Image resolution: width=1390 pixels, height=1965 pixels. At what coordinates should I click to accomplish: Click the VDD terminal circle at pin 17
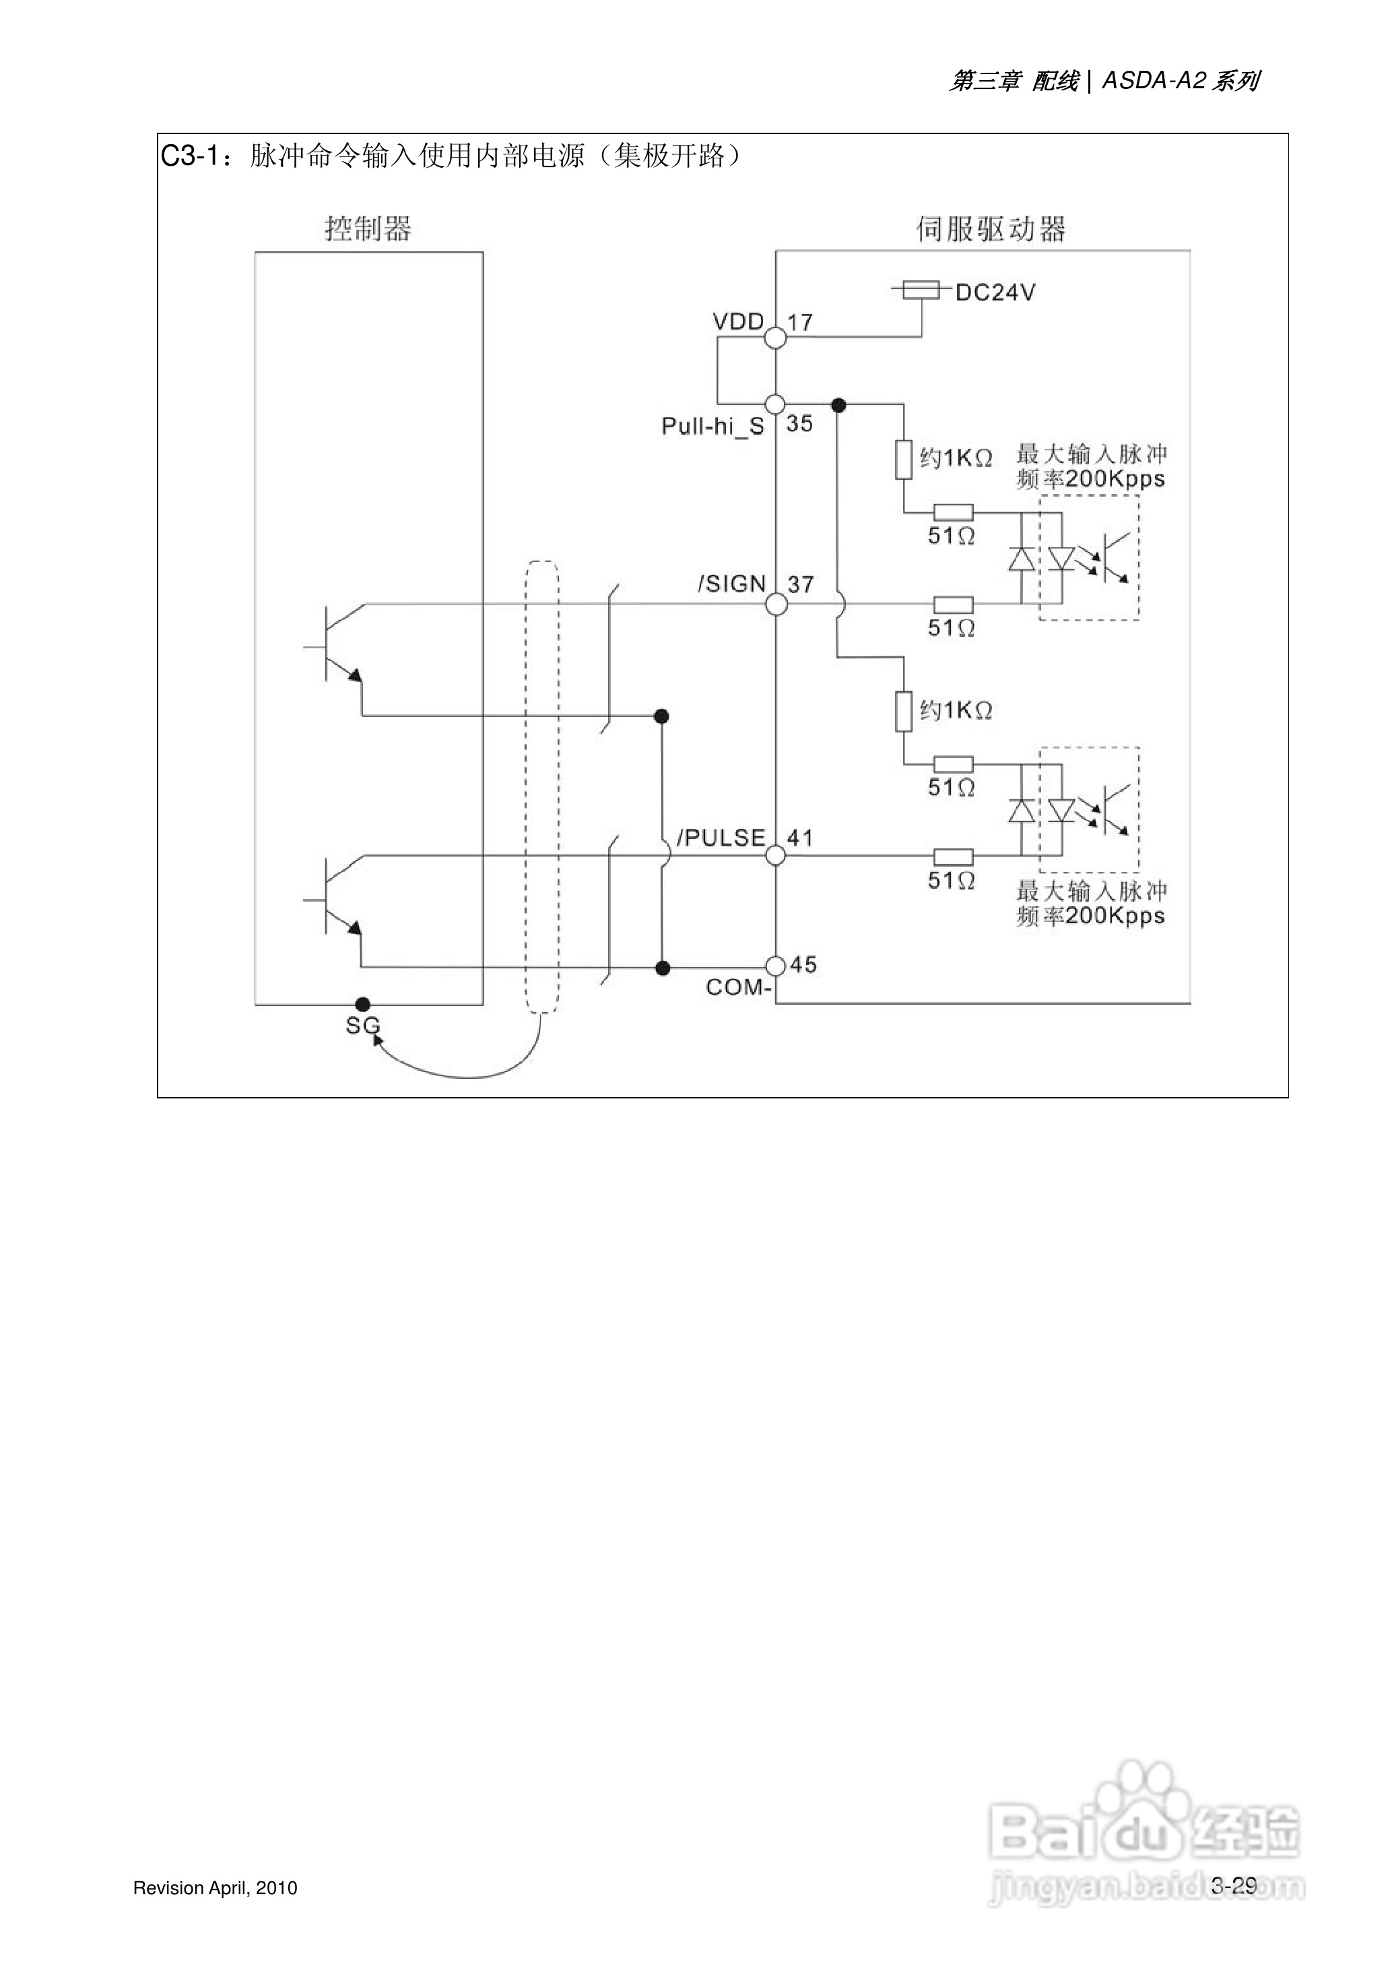[775, 338]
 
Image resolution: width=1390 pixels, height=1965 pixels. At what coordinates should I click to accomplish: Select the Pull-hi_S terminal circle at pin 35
[775, 404]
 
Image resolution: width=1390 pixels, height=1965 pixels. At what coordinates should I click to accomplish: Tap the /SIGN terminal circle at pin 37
[775, 604]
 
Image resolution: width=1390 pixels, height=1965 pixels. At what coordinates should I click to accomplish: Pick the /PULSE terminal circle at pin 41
[775, 854]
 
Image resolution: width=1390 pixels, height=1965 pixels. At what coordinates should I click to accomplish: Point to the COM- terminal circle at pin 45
[775, 966]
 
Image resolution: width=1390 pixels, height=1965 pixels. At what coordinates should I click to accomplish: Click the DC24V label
[995, 293]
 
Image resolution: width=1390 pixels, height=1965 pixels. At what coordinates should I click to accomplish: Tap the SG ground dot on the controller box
[363, 1003]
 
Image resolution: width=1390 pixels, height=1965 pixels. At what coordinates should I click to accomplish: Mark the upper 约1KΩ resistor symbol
[904, 459]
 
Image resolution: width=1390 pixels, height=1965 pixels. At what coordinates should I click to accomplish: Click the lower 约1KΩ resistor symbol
[904, 712]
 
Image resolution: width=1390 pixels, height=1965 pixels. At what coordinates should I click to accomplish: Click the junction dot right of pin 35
[839, 405]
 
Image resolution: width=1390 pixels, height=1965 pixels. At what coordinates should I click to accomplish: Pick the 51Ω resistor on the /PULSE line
[953, 855]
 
